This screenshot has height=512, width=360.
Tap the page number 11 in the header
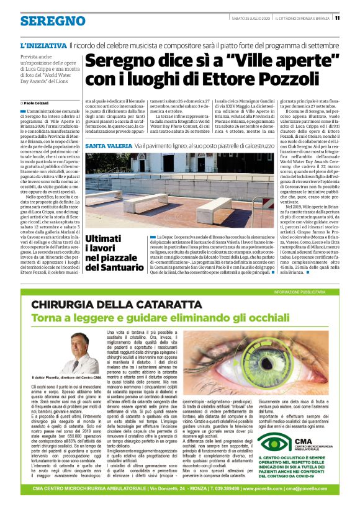336,17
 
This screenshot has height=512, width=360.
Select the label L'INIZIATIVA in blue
43,45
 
